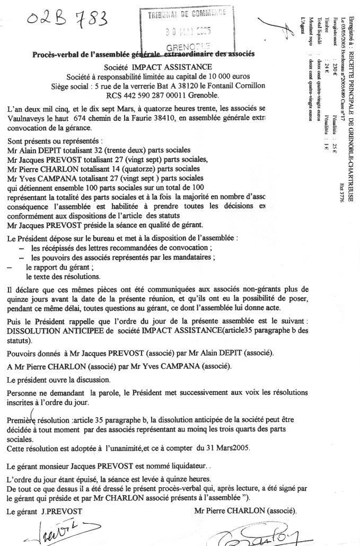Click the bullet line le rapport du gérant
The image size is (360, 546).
(59, 268)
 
